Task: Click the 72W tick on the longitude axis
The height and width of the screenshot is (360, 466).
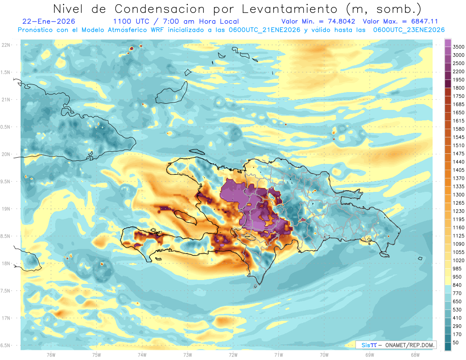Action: coord(233,355)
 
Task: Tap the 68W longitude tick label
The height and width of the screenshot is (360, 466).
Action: coord(415,355)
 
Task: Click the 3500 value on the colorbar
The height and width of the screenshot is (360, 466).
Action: coord(459,47)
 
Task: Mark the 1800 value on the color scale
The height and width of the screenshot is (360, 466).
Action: coord(459,88)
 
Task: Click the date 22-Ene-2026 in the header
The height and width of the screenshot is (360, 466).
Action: coord(49,22)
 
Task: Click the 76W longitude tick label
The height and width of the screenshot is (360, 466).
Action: coord(50,355)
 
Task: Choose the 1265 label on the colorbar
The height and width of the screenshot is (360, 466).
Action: coord(459,203)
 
